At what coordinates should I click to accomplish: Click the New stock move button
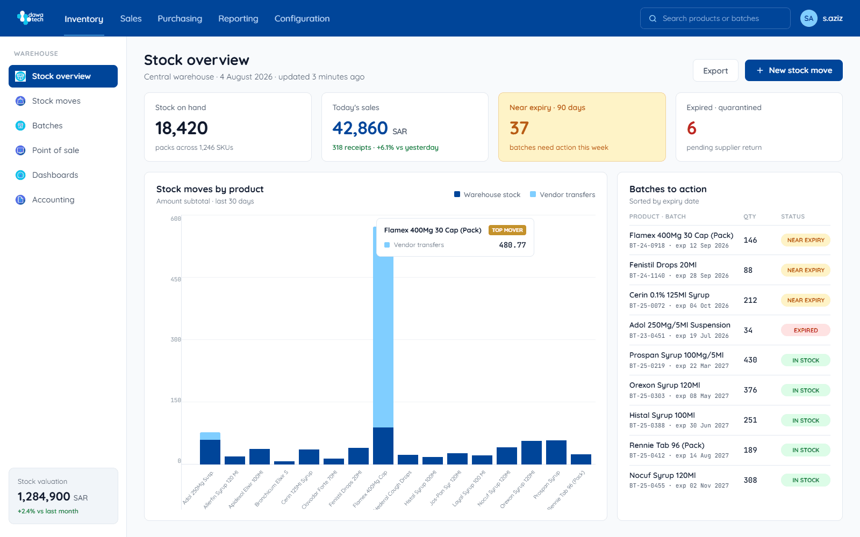[793, 70]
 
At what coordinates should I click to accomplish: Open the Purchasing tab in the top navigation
[180, 18]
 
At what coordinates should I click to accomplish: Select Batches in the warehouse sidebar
[47, 126]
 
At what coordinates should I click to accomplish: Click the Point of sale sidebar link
[56, 150]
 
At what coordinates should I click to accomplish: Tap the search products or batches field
[715, 18]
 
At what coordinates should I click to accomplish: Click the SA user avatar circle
[808, 18]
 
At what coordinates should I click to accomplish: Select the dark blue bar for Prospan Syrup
[556, 452]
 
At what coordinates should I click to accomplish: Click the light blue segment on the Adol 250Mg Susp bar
[210, 436]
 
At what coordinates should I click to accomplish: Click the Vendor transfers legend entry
[562, 194]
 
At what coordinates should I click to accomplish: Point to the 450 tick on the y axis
[175, 279]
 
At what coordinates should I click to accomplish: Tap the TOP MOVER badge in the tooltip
[507, 230]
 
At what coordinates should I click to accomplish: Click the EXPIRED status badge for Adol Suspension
[806, 330]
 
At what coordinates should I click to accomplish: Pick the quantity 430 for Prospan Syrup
[750, 360]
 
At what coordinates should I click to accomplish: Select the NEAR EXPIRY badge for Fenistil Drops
[806, 270]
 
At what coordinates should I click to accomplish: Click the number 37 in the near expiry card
[519, 128]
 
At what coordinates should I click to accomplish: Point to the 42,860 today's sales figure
[360, 128]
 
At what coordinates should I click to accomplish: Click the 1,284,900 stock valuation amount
[44, 497]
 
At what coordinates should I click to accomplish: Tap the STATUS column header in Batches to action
[792, 216]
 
